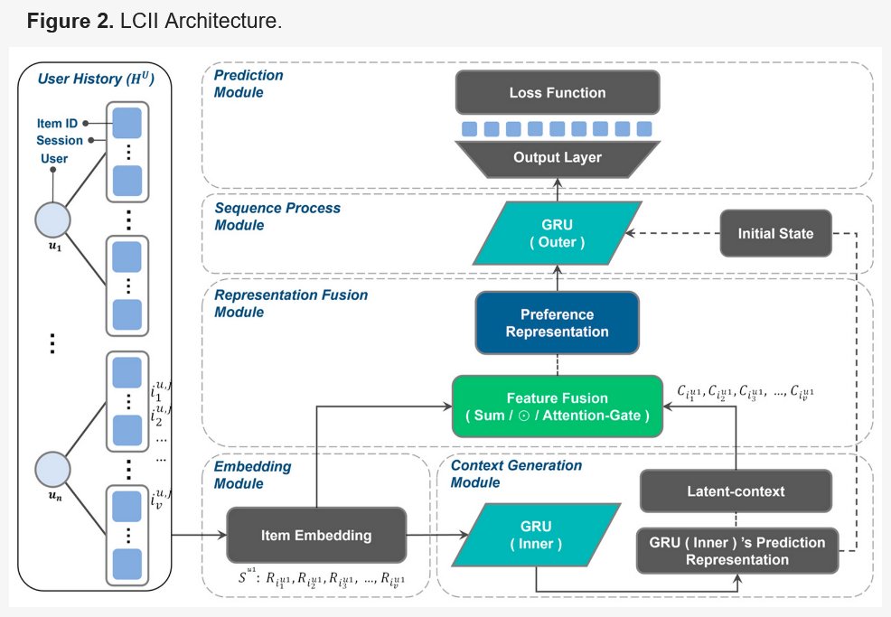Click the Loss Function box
coord(558,93)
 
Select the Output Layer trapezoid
coord(558,158)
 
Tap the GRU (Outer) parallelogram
coord(558,233)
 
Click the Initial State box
coord(775,233)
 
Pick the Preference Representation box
coord(558,323)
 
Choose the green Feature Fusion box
coord(558,407)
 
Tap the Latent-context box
coord(736,491)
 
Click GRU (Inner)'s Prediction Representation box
coord(736,550)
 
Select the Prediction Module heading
coord(248,83)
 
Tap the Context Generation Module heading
coord(516,473)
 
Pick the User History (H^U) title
coord(96,79)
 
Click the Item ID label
coord(58,123)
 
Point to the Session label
coord(60,140)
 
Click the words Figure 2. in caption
coord(71,21)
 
